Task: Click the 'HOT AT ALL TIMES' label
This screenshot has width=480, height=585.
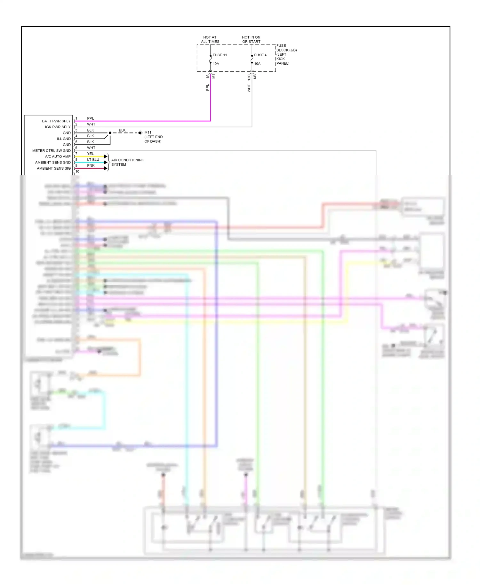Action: tap(210, 39)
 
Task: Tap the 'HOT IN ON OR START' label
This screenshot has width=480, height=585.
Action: tap(251, 39)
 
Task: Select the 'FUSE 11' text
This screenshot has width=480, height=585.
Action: tap(220, 55)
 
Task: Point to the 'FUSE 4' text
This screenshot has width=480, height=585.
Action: tap(260, 55)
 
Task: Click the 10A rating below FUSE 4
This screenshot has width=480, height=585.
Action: tap(257, 64)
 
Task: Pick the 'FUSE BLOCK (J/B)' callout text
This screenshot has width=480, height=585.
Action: tap(286, 48)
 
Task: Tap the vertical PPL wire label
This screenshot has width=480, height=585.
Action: tap(207, 88)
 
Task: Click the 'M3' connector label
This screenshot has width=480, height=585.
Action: tap(255, 77)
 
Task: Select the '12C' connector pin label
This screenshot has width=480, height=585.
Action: tap(249, 77)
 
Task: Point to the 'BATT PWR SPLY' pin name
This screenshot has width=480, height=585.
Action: tap(56, 121)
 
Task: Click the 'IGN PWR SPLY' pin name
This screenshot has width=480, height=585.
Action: tap(58, 127)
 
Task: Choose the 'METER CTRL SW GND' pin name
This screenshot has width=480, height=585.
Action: tap(52, 151)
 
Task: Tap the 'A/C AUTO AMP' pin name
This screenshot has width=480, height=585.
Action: tap(58, 156)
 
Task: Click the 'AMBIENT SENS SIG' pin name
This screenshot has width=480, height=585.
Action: tap(54, 168)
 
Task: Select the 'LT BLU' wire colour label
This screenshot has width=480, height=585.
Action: tap(93, 160)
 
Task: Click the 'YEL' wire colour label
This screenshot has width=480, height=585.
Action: tap(91, 154)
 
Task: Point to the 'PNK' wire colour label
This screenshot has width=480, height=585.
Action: tap(91, 166)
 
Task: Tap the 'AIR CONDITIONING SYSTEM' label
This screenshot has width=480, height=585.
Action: tap(128, 162)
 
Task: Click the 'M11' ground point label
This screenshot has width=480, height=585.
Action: tap(148, 132)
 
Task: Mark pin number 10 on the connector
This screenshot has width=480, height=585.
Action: tap(77, 172)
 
